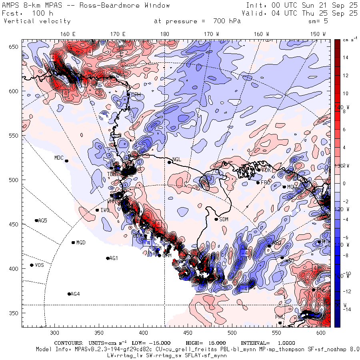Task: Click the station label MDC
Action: point(58,158)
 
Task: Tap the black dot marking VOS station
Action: point(32,265)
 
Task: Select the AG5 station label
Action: point(43,220)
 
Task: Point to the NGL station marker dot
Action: point(169,162)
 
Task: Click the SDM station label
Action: point(224,219)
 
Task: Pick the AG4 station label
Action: point(75,294)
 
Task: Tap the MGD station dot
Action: point(73,242)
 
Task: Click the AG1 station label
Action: point(114,258)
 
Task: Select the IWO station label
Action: point(105,210)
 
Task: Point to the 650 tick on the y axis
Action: point(15,47)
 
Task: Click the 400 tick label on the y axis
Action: point(15,268)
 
